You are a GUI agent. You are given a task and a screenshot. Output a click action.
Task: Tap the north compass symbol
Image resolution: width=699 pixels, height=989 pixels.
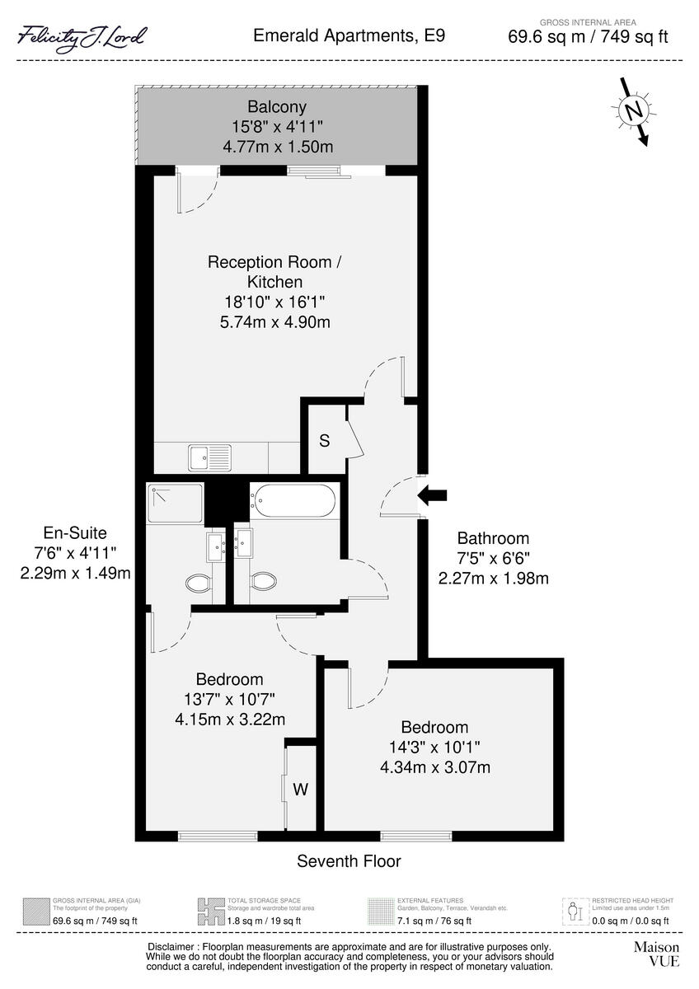pyautogui.click(x=633, y=111)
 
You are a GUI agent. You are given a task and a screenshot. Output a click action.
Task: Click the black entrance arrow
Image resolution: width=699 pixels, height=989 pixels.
pyautogui.click(x=433, y=495)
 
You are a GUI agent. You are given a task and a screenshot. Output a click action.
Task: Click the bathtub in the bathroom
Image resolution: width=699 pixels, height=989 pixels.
pyautogui.click(x=294, y=500)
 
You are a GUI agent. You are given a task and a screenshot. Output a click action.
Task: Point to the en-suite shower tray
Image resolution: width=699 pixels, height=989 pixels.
pyautogui.click(x=175, y=504)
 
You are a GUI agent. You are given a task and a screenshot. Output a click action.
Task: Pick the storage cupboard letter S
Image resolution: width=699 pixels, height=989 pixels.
pyautogui.click(x=325, y=441)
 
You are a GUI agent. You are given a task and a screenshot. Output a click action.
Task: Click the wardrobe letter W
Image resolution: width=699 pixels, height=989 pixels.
pyautogui.click(x=301, y=790)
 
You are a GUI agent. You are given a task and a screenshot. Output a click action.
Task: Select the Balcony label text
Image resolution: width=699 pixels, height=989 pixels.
pyautogui.click(x=277, y=106)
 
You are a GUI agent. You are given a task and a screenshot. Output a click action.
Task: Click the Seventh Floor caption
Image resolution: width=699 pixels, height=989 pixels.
pyautogui.click(x=349, y=861)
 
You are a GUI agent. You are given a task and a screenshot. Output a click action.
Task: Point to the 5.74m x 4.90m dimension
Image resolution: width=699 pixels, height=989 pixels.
pyautogui.click(x=269, y=322)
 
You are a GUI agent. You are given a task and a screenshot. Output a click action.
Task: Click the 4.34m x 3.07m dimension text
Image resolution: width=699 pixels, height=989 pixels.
pyautogui.click(x=434, y=768)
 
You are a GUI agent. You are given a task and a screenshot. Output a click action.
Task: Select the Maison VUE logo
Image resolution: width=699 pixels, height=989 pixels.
pyautogui.click(x=656, y=954)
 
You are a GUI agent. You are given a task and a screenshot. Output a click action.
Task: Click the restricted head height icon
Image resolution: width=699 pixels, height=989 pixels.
pyautogui.click(x=575, y=912)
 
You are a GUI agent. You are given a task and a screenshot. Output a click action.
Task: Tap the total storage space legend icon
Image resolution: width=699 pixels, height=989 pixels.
pyautogui.click(x=211, y=912)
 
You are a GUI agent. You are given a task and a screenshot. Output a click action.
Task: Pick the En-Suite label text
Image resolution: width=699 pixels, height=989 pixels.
pyautogui.click(x=76, y=533)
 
